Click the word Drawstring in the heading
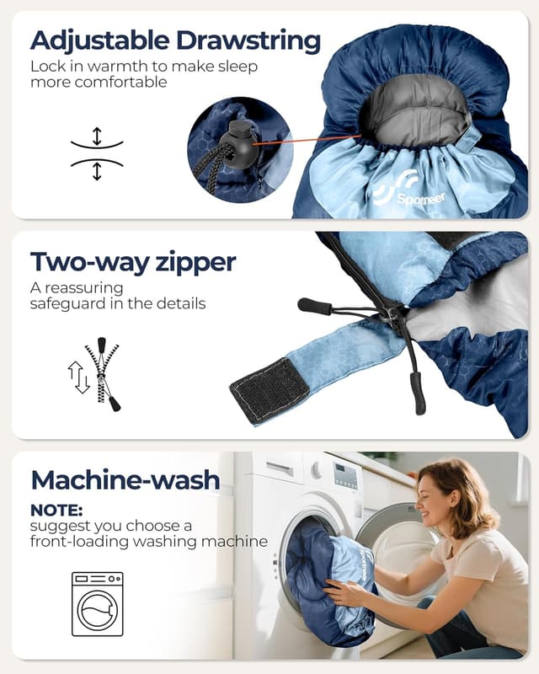pyautogui.click(x=248, y=41)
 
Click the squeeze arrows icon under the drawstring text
pyautogui.click(x=97, y=153)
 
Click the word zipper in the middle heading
pyautogui.click(x=196, y=263)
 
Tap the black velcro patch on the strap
pyautogui.click(x=269, y=391)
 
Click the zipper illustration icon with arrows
pyautogui.click(x=94, y=374)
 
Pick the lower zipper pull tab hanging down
pyautogui.click(x=418, y=393)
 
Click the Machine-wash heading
pyautogui.click(x=125, y=479)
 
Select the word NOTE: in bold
pyautogui.click(x=56, y=511)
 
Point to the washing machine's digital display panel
pyautogui.click(x=345, y=476)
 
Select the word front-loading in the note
pyautogui.click(x=79, y=541)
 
